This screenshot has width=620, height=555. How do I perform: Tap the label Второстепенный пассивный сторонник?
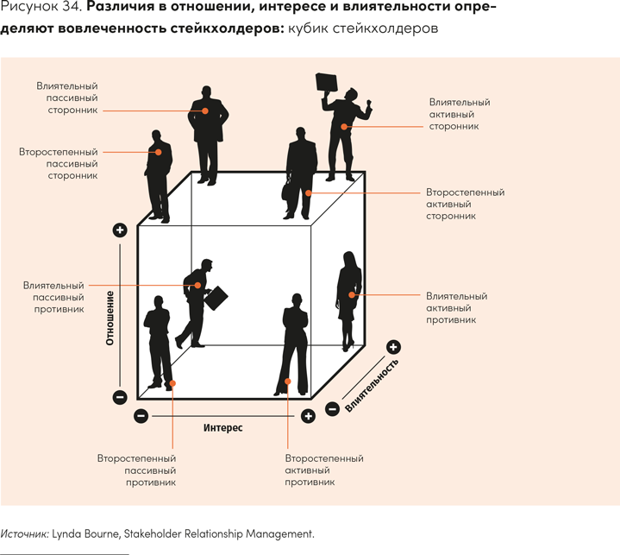tap(58, 163)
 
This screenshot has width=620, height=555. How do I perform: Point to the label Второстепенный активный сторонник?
tap(465, 205)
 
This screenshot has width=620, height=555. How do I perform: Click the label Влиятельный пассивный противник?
tap(54, 296)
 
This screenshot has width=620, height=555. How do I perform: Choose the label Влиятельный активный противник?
tap(456, 307)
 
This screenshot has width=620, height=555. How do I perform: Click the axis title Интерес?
tap(222, 427)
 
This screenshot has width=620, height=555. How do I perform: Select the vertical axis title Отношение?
tap(110, 318)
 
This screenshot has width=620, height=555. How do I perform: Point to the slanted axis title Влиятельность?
tap(373, 386)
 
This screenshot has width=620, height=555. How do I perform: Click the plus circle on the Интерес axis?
tap(308, 416)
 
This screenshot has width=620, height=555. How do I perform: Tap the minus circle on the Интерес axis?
tap(141, 416)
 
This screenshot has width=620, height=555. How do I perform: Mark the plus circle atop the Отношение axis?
tap(120, 230)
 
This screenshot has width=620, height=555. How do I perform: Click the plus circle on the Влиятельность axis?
tap(394, 347)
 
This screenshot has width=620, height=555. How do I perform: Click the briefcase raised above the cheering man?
tap(327, 82)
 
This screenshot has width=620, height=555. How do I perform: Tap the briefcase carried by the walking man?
tap(216, 296)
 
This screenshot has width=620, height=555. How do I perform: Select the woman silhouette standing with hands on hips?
tap(293, 345)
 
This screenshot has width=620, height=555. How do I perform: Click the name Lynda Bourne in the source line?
tap(85, 533)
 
